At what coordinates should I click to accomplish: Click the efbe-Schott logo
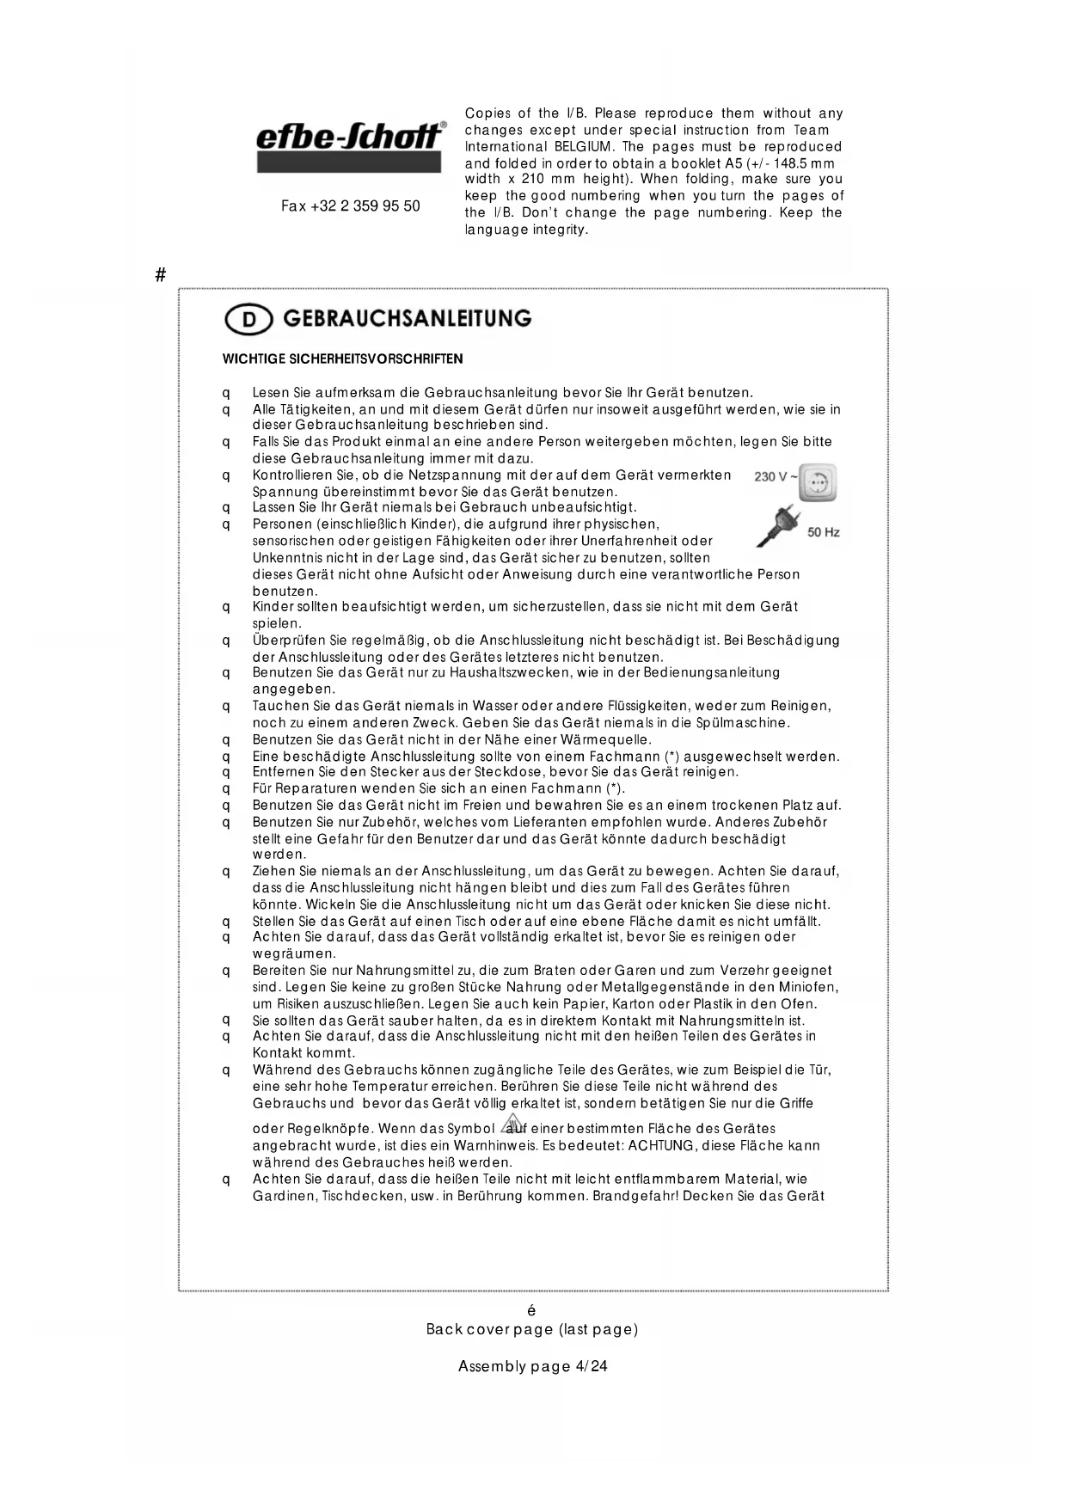351,146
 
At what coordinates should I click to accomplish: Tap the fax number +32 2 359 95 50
351,206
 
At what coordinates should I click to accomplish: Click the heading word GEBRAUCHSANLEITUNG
407,318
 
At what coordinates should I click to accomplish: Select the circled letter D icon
248,320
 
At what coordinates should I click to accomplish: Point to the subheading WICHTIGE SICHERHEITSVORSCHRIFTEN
342,359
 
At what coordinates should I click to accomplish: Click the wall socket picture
818,482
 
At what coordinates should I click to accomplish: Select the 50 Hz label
824,532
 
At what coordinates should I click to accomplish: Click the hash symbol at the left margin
160,275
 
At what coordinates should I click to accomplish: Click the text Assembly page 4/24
532,1366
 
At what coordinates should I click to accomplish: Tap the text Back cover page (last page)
532,1329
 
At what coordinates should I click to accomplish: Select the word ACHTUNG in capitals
660,1146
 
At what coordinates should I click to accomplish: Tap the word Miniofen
808,987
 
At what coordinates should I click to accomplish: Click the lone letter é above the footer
531,1311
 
